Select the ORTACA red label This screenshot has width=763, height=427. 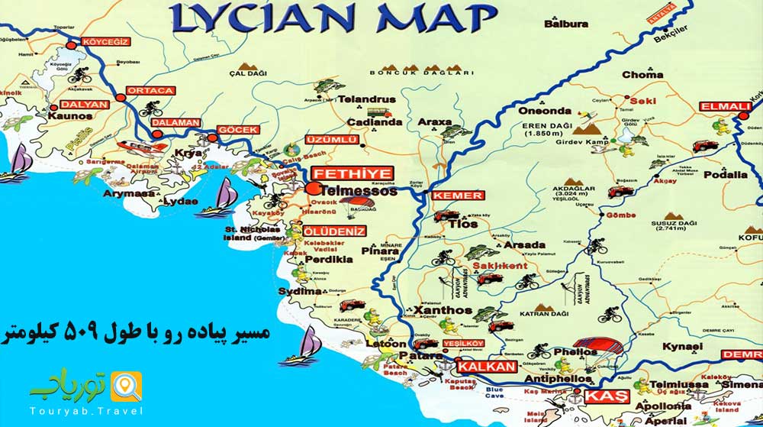[x=151, y=90]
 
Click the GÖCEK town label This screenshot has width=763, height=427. [x=238, y=130]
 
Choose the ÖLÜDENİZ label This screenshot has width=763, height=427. [x=334, y=231]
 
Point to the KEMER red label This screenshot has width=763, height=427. [x=457, y=196]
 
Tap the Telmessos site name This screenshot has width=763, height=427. [x=359, y=192]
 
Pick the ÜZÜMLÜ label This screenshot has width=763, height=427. [x=330, y=140]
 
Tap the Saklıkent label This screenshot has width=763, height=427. [x=501, y=265]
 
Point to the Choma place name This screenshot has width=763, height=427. [x=642, y=75]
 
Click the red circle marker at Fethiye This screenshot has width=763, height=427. [x=312, y=188]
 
